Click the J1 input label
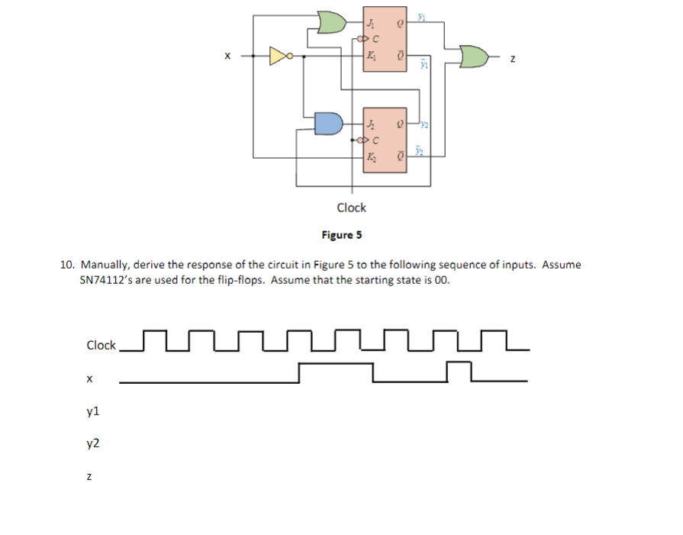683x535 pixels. point(370,21)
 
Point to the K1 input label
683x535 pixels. point(370,55)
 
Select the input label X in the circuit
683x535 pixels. point(226,56)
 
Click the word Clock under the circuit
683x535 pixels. point(351,207)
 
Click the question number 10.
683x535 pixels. point(67,265)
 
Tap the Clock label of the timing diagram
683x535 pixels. point(101,345)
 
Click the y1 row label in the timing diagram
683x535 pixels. point(93,411)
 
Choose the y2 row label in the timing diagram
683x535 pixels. point(93,443)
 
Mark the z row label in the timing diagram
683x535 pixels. point(89,476)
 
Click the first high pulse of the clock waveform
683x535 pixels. point(155,334)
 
